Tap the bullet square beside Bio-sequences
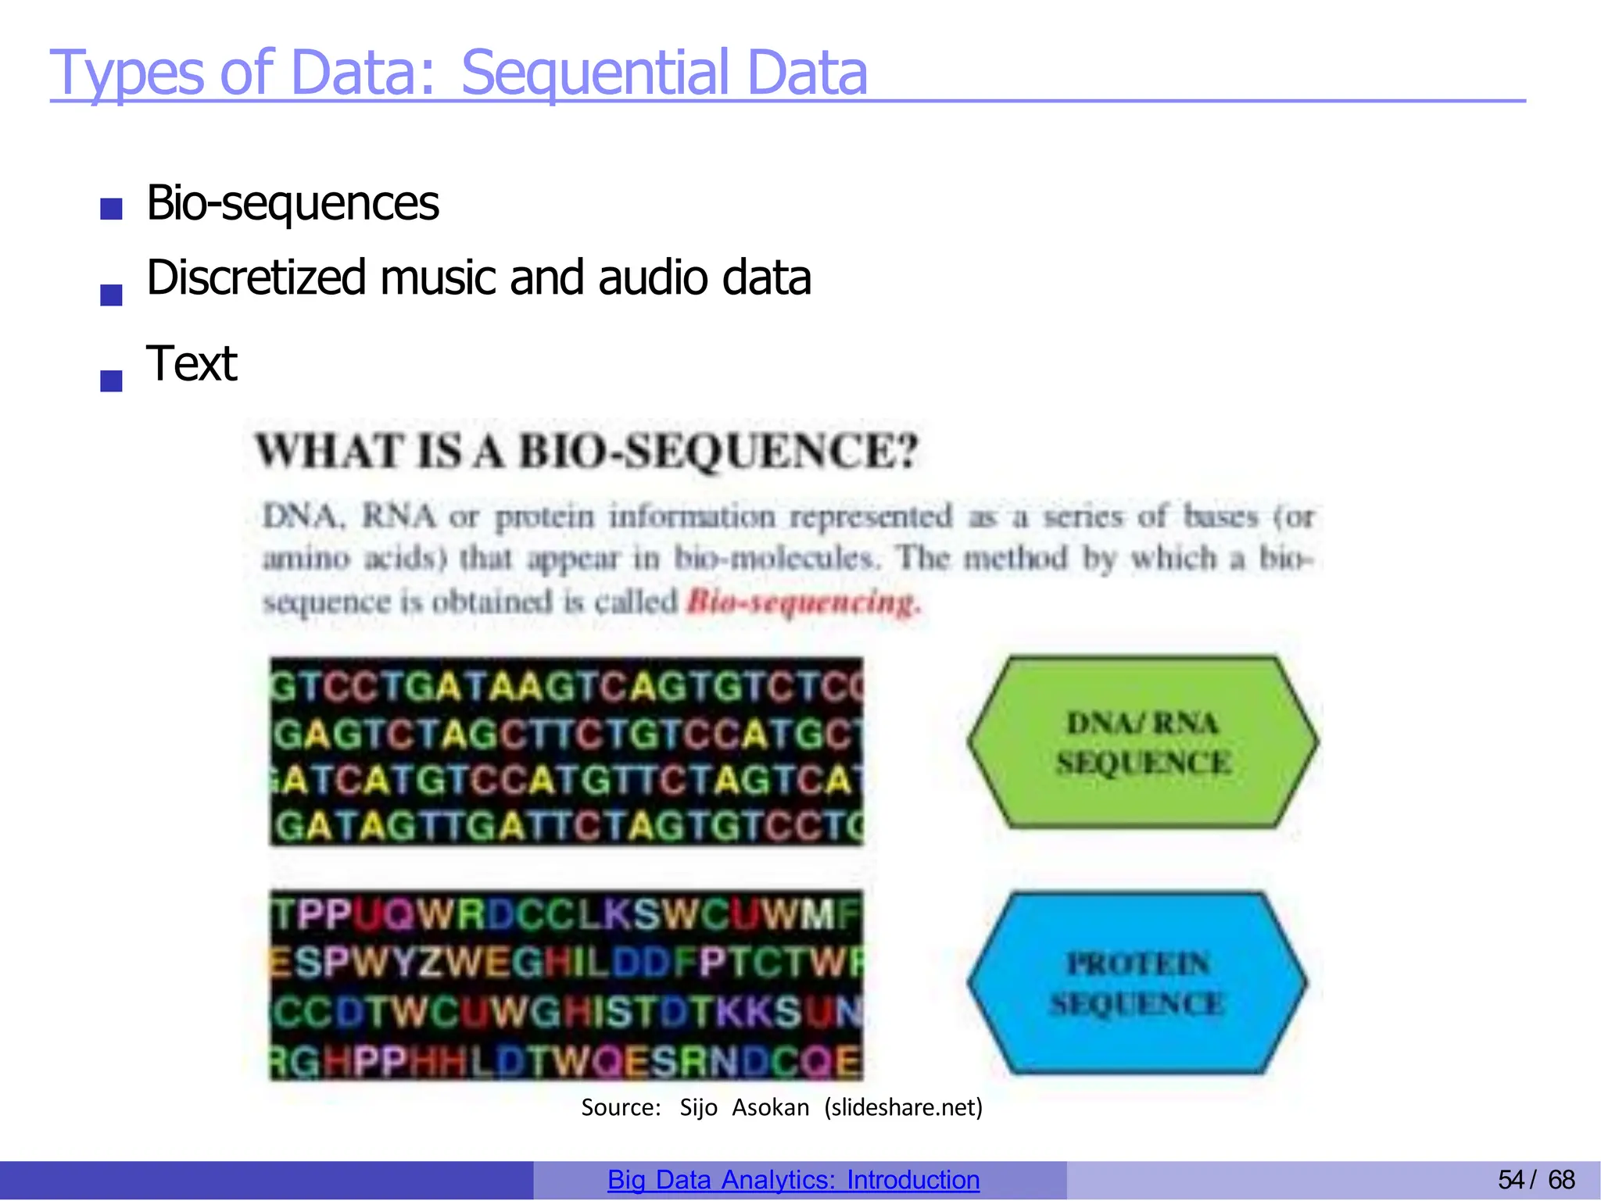(x=111, y=209)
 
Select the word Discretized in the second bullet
(x=256, y=278)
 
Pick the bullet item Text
(x=192, y=364)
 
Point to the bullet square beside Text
(x=111, y=380)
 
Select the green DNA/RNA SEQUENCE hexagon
(x=1142, y=742)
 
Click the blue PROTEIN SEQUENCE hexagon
(x=1137, y=983)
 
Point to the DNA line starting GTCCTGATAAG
(x=567, y=687)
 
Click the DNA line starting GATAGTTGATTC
(x=567, y=826)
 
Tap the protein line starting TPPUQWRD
(x=567, y=915)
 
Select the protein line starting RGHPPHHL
(x=567, y=1061)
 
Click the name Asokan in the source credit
(x=770, y=1107)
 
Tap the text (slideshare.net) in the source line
(x=903, y=1107)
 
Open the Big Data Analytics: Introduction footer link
(x=793, y=1180)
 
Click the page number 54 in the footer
(x=1510, y=1180)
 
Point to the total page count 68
(x=1561, y=1180)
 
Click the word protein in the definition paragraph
(x=545, y=517)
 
